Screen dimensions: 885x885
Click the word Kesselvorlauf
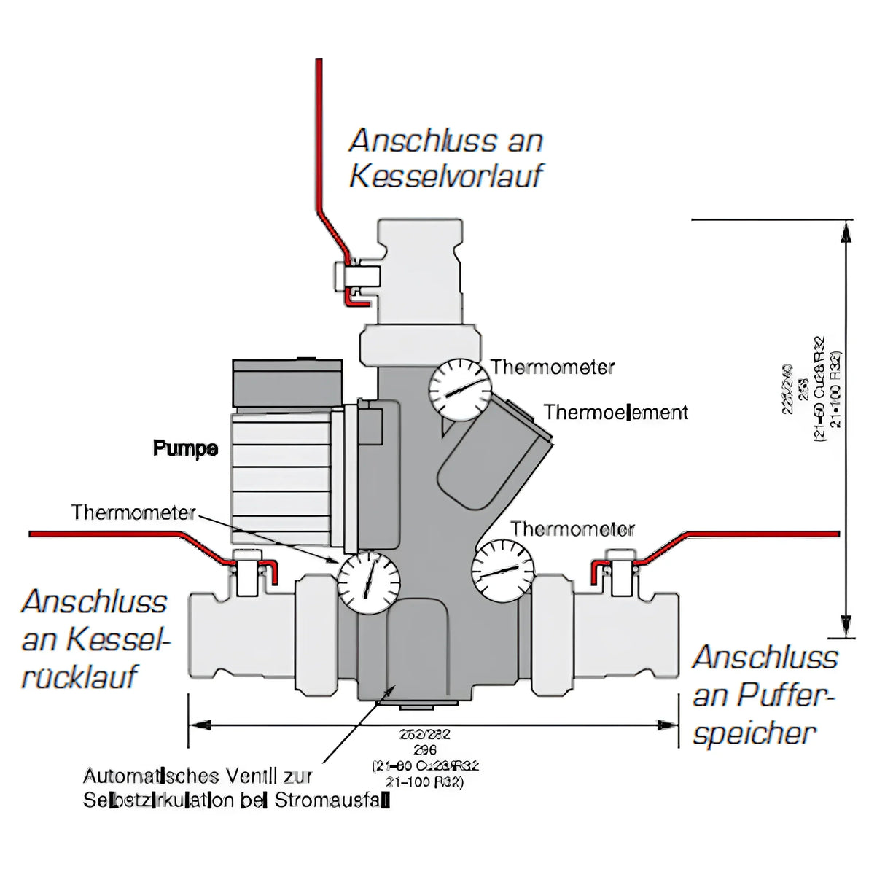point(446,176)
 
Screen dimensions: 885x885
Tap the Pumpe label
point(185,448)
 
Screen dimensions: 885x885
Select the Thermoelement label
point(616,413)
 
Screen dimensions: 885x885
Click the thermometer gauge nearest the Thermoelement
point(458,390)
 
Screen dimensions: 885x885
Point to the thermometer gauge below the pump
point(368,582)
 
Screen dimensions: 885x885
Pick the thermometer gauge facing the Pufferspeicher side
point(503,569)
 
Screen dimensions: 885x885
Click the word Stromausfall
point(332,800)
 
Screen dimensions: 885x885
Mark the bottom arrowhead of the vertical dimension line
point(846,628)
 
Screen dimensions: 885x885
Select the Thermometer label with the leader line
point(133,512)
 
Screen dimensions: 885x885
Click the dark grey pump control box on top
point(286,383)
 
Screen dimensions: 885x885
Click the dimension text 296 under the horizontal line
point(424,750)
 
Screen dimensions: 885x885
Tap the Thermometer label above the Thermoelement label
point(553,367)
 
